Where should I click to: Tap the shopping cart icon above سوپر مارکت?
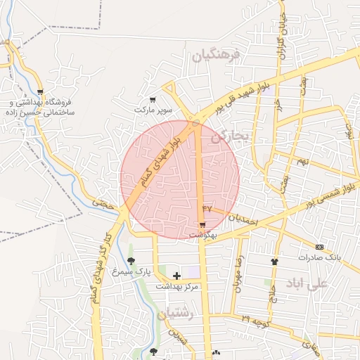[x=153, y=100]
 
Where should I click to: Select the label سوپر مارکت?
[x=153, y=110]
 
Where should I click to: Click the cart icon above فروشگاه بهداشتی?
[x=40, y=92]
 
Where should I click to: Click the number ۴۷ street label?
[x=206, y=209]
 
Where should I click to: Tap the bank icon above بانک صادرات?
[x=320, y=247]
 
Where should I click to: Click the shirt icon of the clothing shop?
[x=274, y=262]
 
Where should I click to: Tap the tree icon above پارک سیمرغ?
[x=131, y=261]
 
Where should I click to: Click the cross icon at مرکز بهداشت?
[x=176, y=276]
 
